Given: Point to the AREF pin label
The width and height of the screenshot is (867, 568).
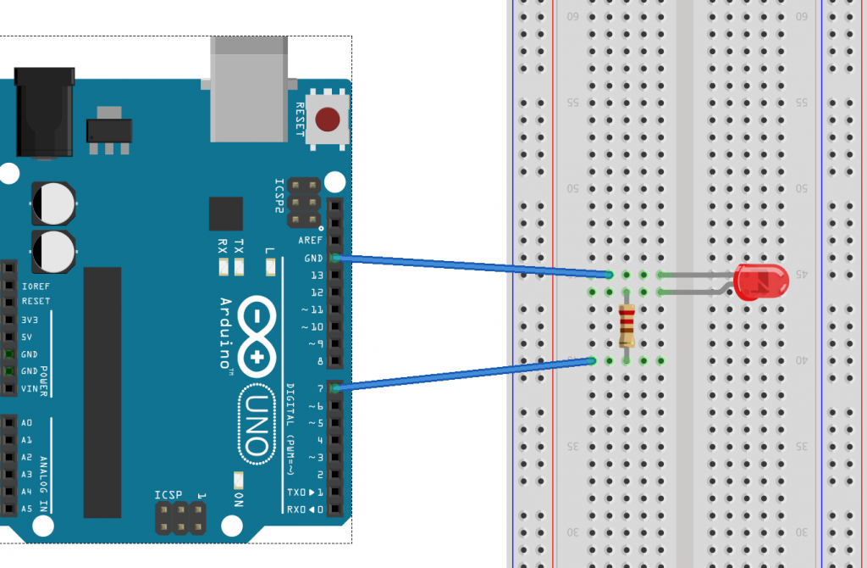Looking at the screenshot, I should (x=311, y=241).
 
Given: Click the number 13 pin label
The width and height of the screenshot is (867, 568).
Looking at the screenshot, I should (x=317, y=275).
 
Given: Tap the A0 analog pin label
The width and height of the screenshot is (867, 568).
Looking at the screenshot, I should (x=27, y=422).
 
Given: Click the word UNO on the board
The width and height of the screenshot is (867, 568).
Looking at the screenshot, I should (x=262, y=423).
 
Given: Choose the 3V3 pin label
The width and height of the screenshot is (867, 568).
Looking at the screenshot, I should (x=30, y=320).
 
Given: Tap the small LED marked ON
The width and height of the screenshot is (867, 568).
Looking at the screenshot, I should (x=239, y=480).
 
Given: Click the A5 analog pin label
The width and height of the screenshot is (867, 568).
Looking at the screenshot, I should (x=27, y=509).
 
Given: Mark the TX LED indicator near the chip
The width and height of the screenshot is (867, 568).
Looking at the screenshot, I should (x=240, y=269).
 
